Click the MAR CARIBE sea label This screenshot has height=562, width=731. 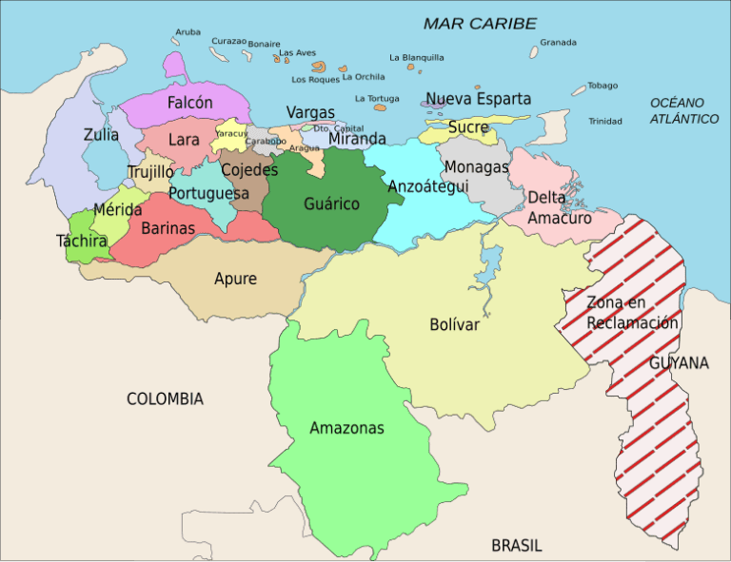click(480, 24)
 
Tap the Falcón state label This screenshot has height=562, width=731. click(190, 102)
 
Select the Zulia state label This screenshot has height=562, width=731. click(101, 135)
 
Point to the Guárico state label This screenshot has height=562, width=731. click(331, 204)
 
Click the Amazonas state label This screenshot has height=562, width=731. click(346, 428)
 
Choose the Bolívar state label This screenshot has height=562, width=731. click(454, 324)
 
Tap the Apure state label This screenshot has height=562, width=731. click(235, 279)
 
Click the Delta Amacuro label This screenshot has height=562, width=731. click(560, 207)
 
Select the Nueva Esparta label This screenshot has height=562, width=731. click(478, 99)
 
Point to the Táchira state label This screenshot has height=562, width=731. click(82, 242)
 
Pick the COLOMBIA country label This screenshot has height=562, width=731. click(165, 399)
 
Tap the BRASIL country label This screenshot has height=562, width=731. click(516, 546)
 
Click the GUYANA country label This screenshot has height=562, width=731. click(679, 363)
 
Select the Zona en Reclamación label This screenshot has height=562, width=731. click(632, 313)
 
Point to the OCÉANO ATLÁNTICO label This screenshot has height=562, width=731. click(683, 110)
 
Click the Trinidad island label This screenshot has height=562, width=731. click(604, 122)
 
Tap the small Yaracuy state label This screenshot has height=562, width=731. click(231, 134)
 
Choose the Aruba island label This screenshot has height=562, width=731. click(188, 31)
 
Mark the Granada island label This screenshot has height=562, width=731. click(558, 42)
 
